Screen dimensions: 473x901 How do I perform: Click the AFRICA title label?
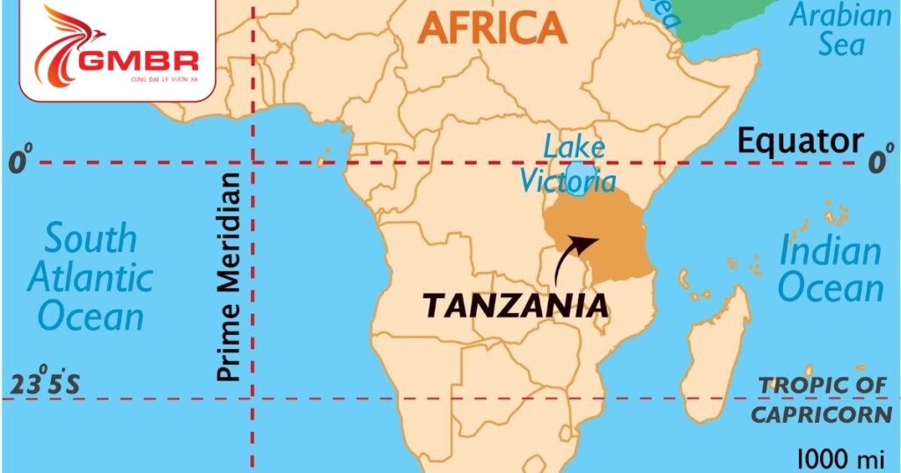pyautogui.click(x=492, y=28)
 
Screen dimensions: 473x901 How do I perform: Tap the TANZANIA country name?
pyautogui.click(x=516, y=306)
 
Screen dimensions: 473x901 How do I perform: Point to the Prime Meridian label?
pyautogui.click(x=229, y=277)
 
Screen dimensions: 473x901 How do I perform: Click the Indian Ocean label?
pyautogui.click(x=830, y=269)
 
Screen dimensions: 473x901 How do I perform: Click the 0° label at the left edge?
pyautogui.click(x=19, y=162)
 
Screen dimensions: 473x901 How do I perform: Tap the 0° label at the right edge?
pyautogui.click(x=878, y=162)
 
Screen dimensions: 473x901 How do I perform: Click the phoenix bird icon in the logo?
pyautogui.click(x=66, y=44)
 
